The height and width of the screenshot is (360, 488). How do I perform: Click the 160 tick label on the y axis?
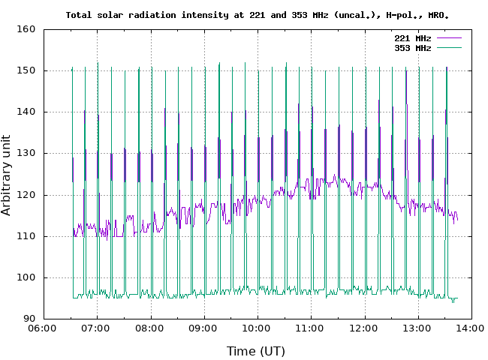[26, 29]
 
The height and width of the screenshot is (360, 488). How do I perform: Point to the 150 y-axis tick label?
[26, 70]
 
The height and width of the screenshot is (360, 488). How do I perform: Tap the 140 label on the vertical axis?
[26, 112]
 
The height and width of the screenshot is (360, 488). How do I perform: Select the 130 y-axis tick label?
[26, 153]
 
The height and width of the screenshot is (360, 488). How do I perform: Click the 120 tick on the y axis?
[26, 195]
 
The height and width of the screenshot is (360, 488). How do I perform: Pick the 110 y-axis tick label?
[26, 236]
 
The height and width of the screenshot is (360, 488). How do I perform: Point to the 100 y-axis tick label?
[26, 277]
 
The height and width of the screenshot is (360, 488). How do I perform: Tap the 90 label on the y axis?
[29, 319]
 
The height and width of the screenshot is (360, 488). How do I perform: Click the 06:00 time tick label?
[42, 328]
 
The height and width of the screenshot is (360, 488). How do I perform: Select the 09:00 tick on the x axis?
[203, 328]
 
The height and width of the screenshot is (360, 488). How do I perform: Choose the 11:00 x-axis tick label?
[309, 328]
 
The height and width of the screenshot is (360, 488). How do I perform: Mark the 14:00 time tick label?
[470, 328]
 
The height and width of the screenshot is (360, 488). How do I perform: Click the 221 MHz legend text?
[413, 38]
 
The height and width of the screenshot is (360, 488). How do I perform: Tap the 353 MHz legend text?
[413, 48]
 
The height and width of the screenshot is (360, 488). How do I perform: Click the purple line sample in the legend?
[449, 38]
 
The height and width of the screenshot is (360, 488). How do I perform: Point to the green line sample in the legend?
[449, 47]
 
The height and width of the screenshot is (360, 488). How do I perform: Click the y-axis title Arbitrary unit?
[6, 175]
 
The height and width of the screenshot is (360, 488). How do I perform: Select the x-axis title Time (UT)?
[256, 351]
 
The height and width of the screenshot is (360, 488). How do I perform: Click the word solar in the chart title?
[110, 15]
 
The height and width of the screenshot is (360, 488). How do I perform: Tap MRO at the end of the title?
[438, 15]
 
